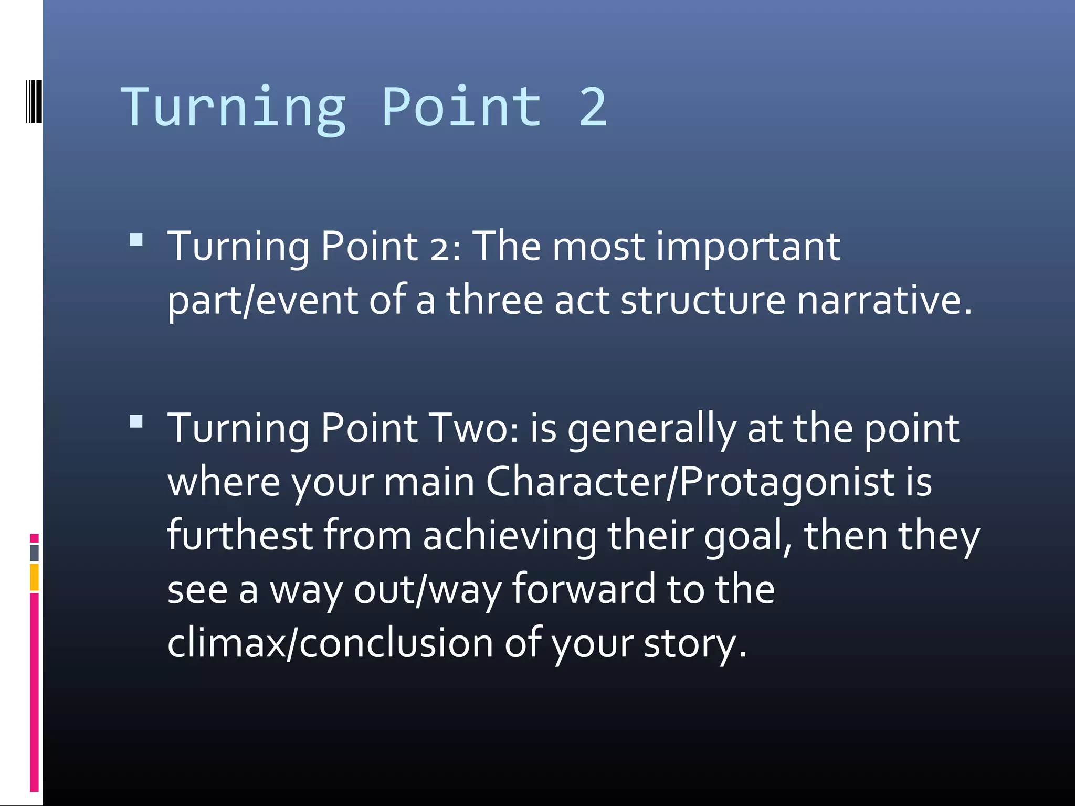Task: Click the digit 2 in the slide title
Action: (593, 108)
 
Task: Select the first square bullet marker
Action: (136, 240)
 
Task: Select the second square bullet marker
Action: (136, 421)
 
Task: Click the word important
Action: (749, 247)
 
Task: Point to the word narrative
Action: (884, 300)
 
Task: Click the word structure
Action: (703, 300)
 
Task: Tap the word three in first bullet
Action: (494, 300)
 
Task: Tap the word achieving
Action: (509, 536)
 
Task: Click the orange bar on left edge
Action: (34, 577)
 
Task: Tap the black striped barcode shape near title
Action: (34, 101)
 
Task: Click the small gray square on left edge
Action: (34, 553)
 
